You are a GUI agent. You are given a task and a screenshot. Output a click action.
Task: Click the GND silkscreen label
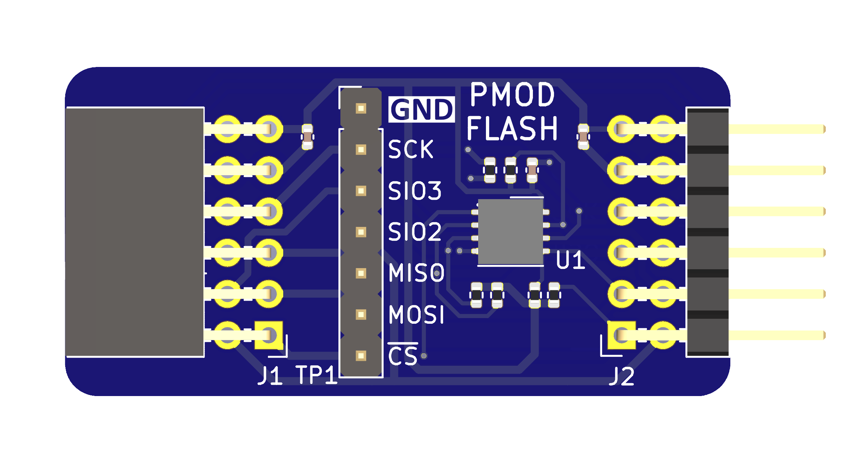click(x=421, y=109)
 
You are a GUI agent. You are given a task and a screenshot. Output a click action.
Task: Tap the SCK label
click(x=410, y=149)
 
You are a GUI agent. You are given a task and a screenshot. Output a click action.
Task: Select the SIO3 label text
click(x=415, y=191)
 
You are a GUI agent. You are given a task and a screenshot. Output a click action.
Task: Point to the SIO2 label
click(x=415, y=232)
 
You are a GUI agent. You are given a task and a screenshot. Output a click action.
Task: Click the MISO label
click(x=416, y=273)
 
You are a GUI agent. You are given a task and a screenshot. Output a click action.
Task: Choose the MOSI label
click(x=416, y=314)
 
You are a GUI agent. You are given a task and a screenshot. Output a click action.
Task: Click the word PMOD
click(x=512, y=95)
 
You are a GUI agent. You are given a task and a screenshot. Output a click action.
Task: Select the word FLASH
click(x=512, y=129)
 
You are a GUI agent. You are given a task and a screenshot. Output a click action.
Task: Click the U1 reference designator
click(x=570, y=260)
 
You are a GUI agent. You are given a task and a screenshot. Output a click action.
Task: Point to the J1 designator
click(x=270, y=375)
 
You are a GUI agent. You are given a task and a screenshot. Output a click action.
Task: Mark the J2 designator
click(x=622, y=376)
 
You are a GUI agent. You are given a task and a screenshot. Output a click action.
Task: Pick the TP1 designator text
click(x=316, y=375)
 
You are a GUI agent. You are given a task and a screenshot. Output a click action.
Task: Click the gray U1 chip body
click(x=510, y=232)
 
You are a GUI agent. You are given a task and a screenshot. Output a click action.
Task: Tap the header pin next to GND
click(x=361, y=108)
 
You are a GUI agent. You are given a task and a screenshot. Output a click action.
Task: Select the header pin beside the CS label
click(x=361, y=355)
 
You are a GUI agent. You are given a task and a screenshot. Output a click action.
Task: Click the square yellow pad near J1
click(x=269, y=335)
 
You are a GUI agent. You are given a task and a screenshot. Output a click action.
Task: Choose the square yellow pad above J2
click(x=622, y=335)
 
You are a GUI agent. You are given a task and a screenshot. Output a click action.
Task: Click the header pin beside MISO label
click(x=361, y=273)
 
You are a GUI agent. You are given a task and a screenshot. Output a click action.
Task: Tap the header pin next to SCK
click(x=361, y=150)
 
